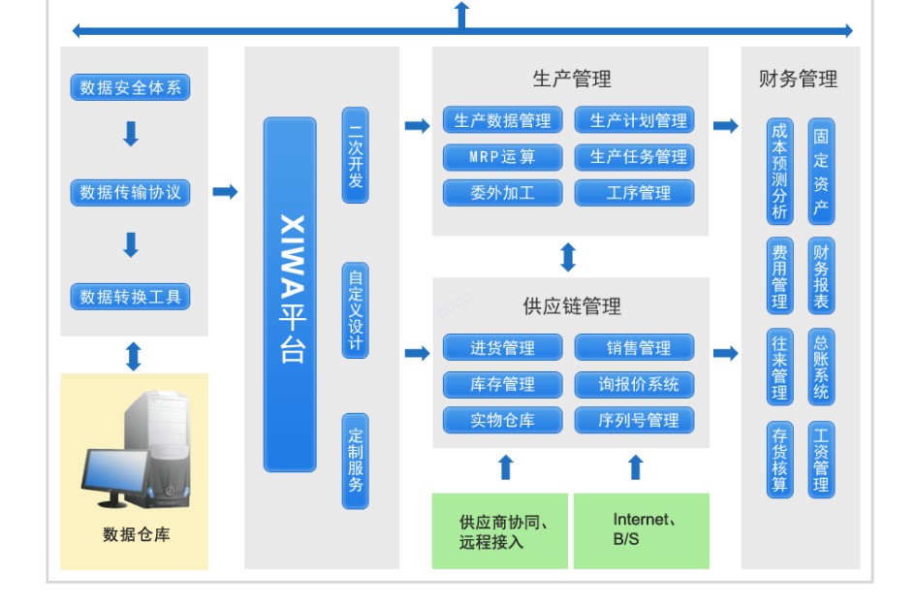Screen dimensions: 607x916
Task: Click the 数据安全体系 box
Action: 130,87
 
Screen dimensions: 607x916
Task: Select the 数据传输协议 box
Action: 130,192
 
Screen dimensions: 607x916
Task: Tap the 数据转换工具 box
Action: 130,297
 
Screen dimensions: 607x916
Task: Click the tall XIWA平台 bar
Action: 290,295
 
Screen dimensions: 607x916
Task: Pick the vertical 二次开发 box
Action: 356,155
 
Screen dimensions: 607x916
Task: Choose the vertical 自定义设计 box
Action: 356,310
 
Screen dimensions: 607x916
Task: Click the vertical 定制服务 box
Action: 356,461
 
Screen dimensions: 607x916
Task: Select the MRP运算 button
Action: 502,156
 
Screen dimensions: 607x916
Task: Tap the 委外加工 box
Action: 502,192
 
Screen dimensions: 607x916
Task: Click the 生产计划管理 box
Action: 634,120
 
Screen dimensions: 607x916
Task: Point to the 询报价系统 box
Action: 634,384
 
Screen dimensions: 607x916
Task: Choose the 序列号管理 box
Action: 634,420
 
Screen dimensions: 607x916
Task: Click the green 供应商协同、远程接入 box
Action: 499,531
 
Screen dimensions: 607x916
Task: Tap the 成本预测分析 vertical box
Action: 779,171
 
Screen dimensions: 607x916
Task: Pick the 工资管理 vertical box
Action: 821,460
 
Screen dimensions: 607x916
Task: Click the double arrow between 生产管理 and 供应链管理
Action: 569,257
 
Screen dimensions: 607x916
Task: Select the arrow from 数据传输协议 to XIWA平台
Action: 225,192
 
